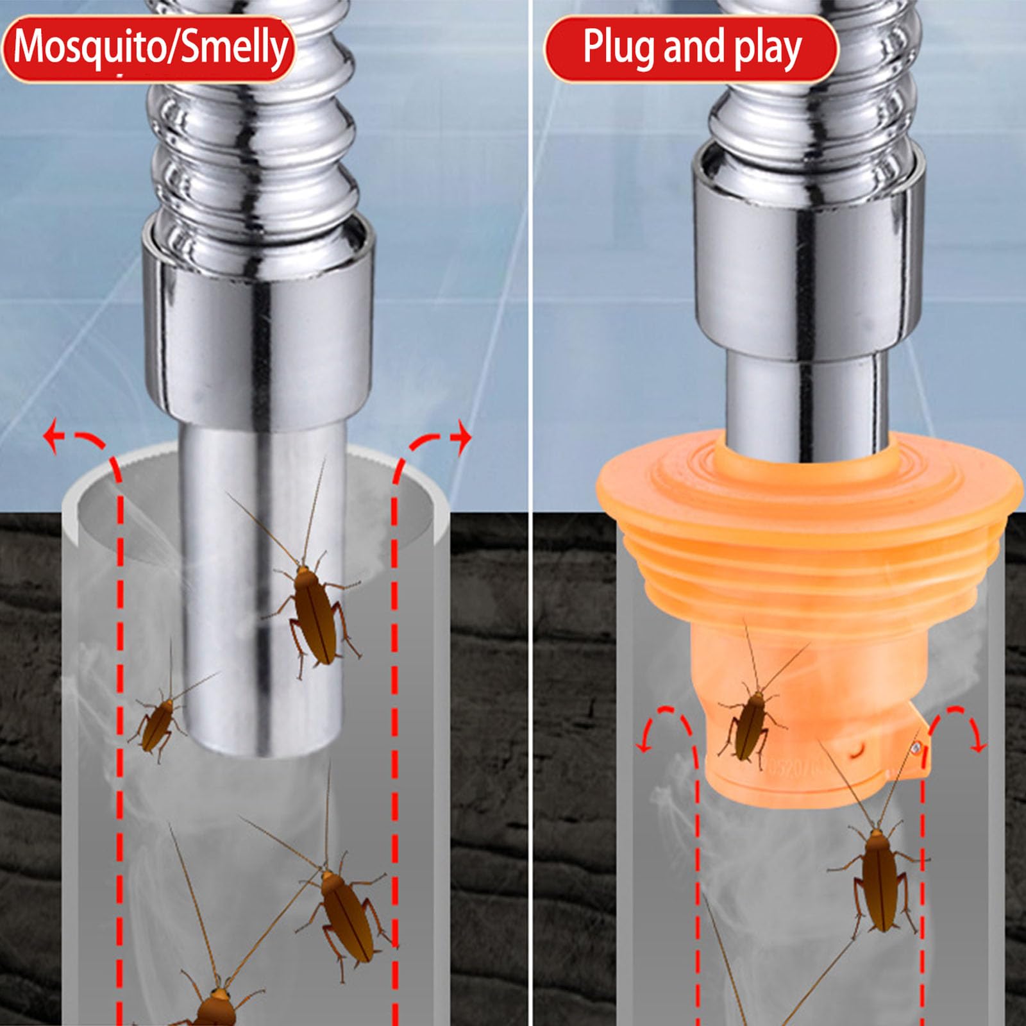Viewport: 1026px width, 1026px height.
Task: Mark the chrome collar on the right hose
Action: (x=808, y=256)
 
